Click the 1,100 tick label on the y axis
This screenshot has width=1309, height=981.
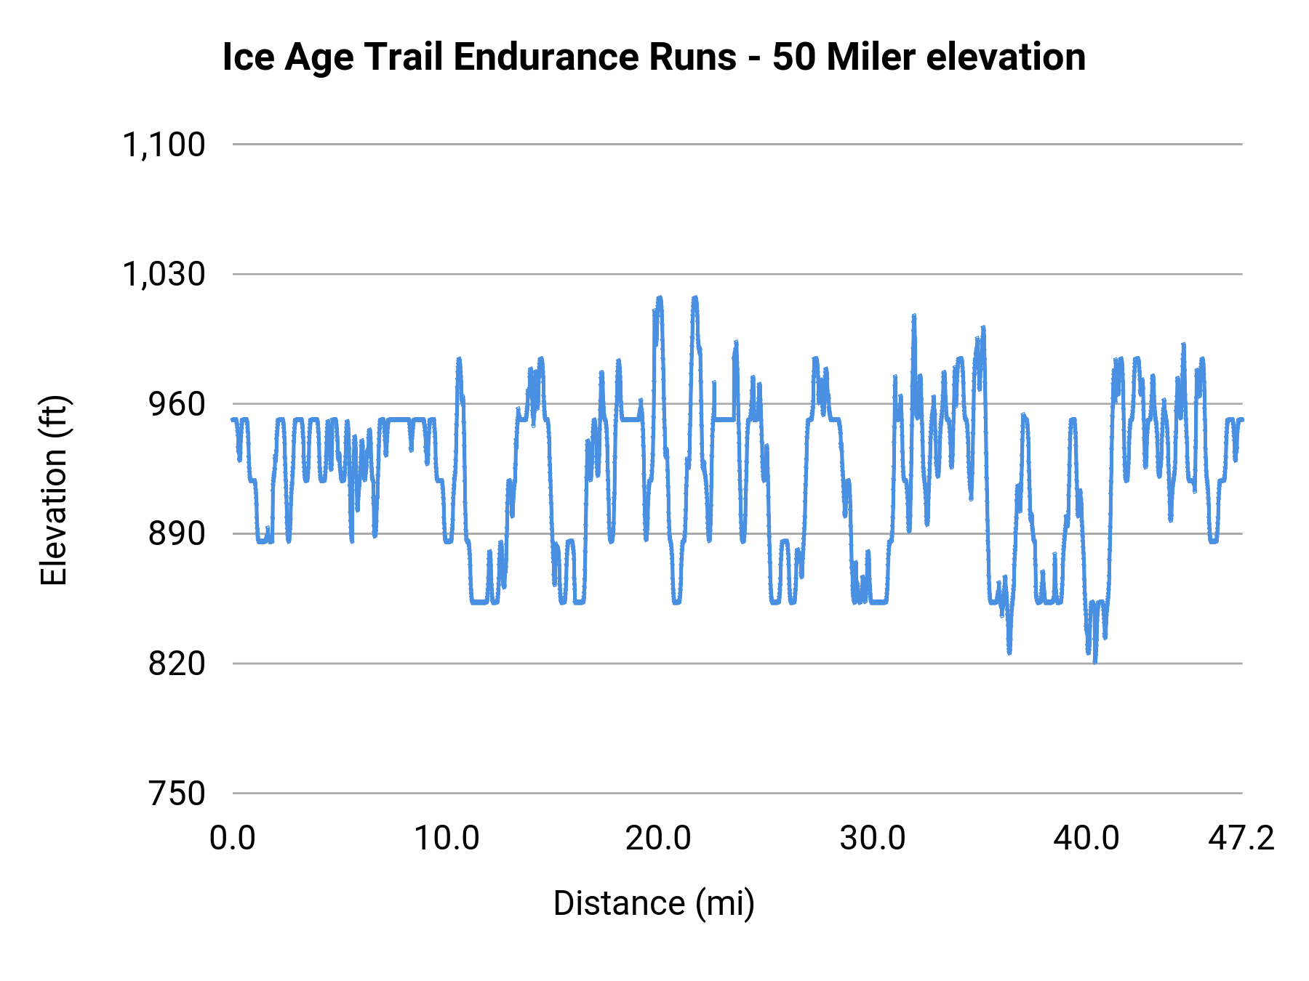click(164, 145)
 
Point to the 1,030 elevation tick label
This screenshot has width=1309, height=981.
click(164, 275)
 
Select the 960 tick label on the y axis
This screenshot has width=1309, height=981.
click(177, 404)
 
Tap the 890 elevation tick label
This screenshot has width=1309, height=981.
click(177, 534)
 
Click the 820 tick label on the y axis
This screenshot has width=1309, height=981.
click(177, 663)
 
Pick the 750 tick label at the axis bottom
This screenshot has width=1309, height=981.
click(177, 794)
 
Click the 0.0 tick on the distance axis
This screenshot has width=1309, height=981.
click(233, 839)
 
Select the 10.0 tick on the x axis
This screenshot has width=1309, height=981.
click(447, 839)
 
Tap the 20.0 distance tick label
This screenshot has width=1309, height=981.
click(658, 839)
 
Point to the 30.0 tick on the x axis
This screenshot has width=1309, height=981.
click(873, 839)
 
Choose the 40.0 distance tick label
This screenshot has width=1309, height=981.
click(1086, 839)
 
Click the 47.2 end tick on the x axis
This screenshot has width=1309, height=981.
click(1241, 839)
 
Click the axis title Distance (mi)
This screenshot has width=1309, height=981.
click(654, 903)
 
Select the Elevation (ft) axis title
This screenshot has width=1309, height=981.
click(54, 490)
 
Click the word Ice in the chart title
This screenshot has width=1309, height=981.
click(248, 57)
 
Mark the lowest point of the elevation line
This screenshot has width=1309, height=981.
click(1095, 661)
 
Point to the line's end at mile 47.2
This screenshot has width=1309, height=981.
click(1241, 419)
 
